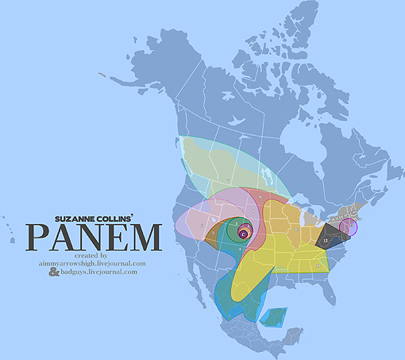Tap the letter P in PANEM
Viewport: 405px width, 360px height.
pos(40,237)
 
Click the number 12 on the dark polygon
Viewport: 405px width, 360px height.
pos(326,238)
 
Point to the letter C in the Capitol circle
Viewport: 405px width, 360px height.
pos(243,233)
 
